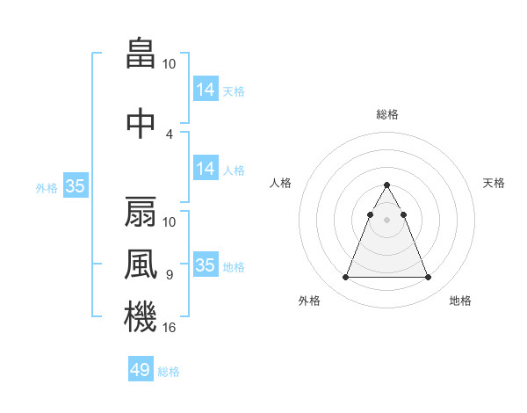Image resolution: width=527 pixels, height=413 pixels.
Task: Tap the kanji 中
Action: coord(141,123)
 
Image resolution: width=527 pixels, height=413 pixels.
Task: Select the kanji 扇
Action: coord(141,212)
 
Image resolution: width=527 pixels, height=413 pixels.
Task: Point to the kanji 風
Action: coord(141,263)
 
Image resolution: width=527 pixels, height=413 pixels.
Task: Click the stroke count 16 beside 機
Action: coord(170,327)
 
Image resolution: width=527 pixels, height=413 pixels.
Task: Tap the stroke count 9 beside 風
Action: coord(170,274)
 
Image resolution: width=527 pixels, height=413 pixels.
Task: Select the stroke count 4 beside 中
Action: coord(170,134)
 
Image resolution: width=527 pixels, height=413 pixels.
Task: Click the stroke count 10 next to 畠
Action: coord(170,64)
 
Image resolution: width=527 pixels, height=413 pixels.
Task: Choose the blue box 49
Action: coord(141,369)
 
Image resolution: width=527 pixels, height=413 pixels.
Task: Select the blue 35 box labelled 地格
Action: coord(205,264)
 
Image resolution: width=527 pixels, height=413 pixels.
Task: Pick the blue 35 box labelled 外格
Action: coord(75,186)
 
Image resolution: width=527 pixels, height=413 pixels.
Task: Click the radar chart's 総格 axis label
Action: coord(387,114)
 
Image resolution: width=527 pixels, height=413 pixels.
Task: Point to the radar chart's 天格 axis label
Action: coord(495,183)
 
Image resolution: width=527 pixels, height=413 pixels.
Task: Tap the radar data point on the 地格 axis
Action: coord(428,278)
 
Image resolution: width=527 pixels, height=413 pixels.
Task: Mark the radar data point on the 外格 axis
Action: coord(346,278)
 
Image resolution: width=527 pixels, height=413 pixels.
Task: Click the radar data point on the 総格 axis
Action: coord(387,185)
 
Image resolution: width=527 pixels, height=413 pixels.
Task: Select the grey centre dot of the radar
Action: coord(387,220)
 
